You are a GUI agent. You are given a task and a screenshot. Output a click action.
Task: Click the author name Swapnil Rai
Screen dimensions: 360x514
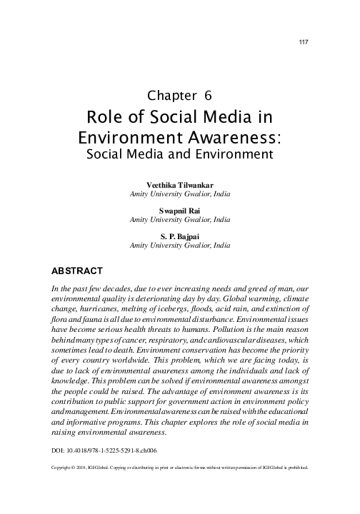click(180, 211)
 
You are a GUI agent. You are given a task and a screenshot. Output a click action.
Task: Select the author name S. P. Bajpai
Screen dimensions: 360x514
click(180, 236)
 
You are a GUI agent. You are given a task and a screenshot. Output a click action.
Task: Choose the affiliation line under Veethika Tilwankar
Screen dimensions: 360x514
click(180, 194)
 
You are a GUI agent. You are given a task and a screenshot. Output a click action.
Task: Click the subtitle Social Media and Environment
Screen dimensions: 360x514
click(180, 153)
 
